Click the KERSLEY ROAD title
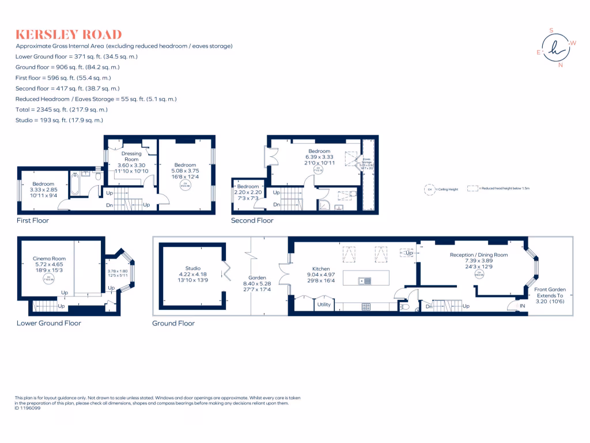coord(69,34)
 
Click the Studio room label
coord(193,268)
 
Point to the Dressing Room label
coord(131,157)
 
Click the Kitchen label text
coord(321,269)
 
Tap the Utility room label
coord(324,305)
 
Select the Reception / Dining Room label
coord(478,254)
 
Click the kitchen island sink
coord(364,281)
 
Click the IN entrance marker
coord(523,306)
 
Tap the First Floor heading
coord(32,220)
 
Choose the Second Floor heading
coord(252,220)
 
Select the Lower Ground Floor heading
coord(48,323)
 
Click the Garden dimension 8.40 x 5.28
coord(257,284)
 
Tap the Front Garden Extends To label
coord(550,293)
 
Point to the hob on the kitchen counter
coord(366,307)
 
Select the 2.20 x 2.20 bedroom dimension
coord(248,193)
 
